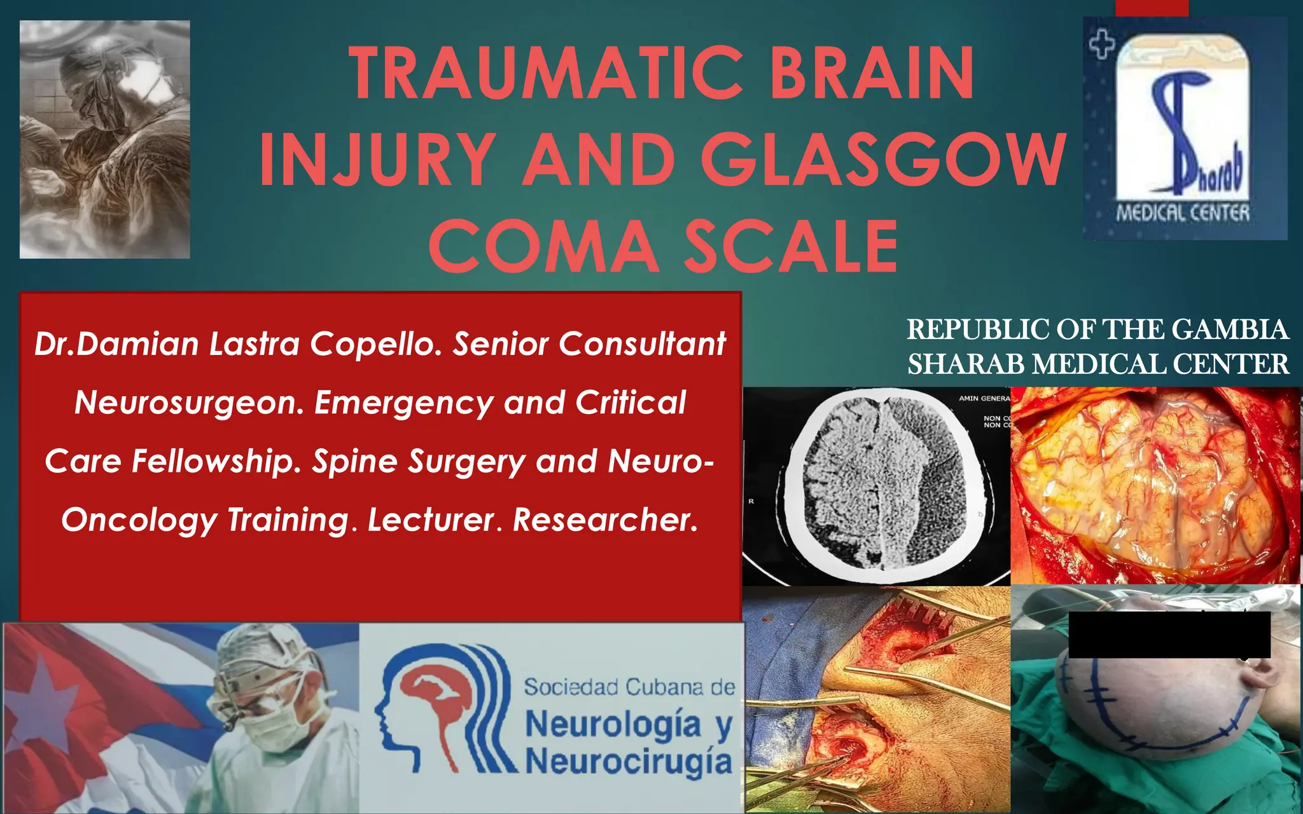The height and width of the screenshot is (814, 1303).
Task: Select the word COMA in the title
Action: [x=544, y=247]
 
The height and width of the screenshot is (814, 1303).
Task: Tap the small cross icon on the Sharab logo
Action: [x=1102, y=45]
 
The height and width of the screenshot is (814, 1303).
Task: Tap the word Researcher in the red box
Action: [x=605, y=520]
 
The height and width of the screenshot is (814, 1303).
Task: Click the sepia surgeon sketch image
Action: [x=105, y=139]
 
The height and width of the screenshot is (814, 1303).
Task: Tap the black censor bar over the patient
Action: [x=1169, y=635]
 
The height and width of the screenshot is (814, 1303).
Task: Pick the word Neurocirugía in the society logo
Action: [x=629, y=761]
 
